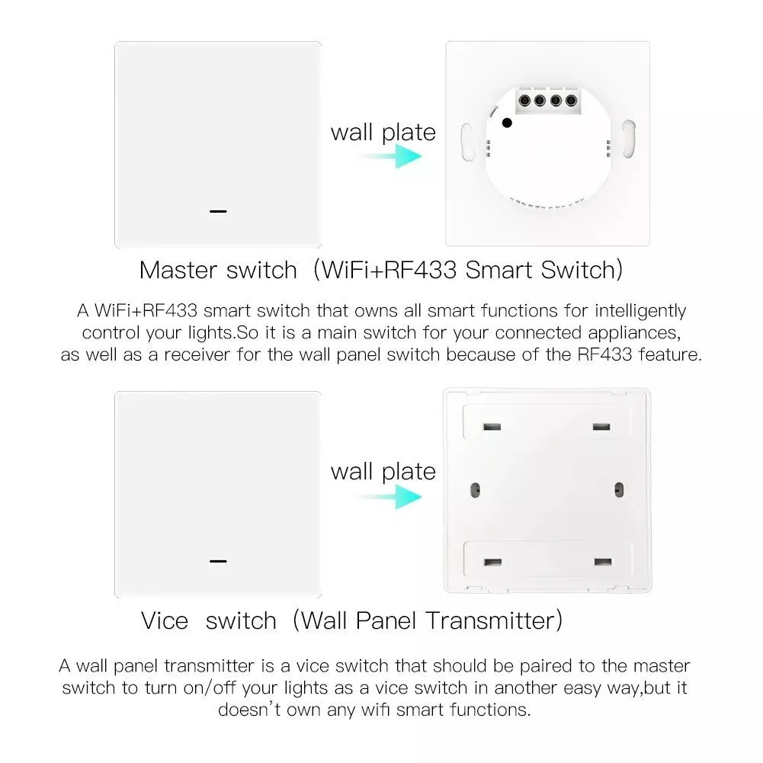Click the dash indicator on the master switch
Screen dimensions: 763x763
tap(218, 211)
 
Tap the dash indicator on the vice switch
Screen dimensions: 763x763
tap(218, 561)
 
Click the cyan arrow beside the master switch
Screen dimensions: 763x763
tap(390, 156)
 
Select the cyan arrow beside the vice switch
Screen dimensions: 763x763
tap(390, 497)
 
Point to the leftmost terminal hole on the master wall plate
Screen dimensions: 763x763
tap(524, 101)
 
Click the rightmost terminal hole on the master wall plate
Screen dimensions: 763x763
tap(571, 101)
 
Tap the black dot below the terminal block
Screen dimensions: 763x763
tap(507, 123)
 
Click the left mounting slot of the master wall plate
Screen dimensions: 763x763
tap(467, 142)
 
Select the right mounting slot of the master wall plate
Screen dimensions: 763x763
tap(629, 139)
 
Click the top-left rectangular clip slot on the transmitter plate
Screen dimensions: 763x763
tap(492, 428)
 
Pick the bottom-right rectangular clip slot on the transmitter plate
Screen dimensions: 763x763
tap(603, 562)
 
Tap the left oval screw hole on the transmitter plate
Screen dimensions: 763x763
tap(476, 490)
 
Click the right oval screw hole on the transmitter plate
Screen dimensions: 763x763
tap(619, 489)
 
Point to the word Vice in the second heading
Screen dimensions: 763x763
tap(165, 621)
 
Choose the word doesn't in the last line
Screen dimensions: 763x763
tap(249, 710)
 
